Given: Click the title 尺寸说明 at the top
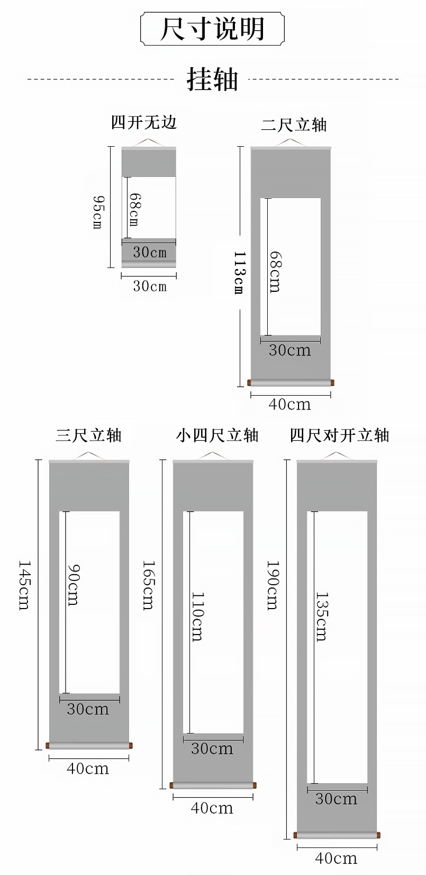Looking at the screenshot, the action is (212, 29).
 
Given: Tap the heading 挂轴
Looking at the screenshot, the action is (212, 80).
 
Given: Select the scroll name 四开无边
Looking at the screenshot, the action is (143, 123).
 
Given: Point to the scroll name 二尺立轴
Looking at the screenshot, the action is (294, 125).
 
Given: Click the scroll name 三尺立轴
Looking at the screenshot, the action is (89, 435).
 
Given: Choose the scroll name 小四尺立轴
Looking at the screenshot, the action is (217, 435).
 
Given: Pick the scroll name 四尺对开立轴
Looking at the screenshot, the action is (339, 435).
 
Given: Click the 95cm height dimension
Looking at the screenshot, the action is (98, 212).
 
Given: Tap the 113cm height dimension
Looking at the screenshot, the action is (239, 273).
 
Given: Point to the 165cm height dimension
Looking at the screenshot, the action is (149, 585).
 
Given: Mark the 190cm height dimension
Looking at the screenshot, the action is (273, 585).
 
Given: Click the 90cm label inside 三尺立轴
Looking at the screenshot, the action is (74, 585).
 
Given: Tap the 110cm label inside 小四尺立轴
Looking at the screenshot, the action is (197, 617).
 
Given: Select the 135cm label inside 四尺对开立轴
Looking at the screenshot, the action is (321, 617).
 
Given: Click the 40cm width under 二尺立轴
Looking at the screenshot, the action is (289, 405).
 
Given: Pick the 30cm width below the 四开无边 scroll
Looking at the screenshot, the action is (150, 287).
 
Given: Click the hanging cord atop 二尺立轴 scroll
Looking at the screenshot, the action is (290, 142).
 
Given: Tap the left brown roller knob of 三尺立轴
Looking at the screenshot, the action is (48, 746).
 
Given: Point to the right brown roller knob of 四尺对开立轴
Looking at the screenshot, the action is (378, 835).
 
